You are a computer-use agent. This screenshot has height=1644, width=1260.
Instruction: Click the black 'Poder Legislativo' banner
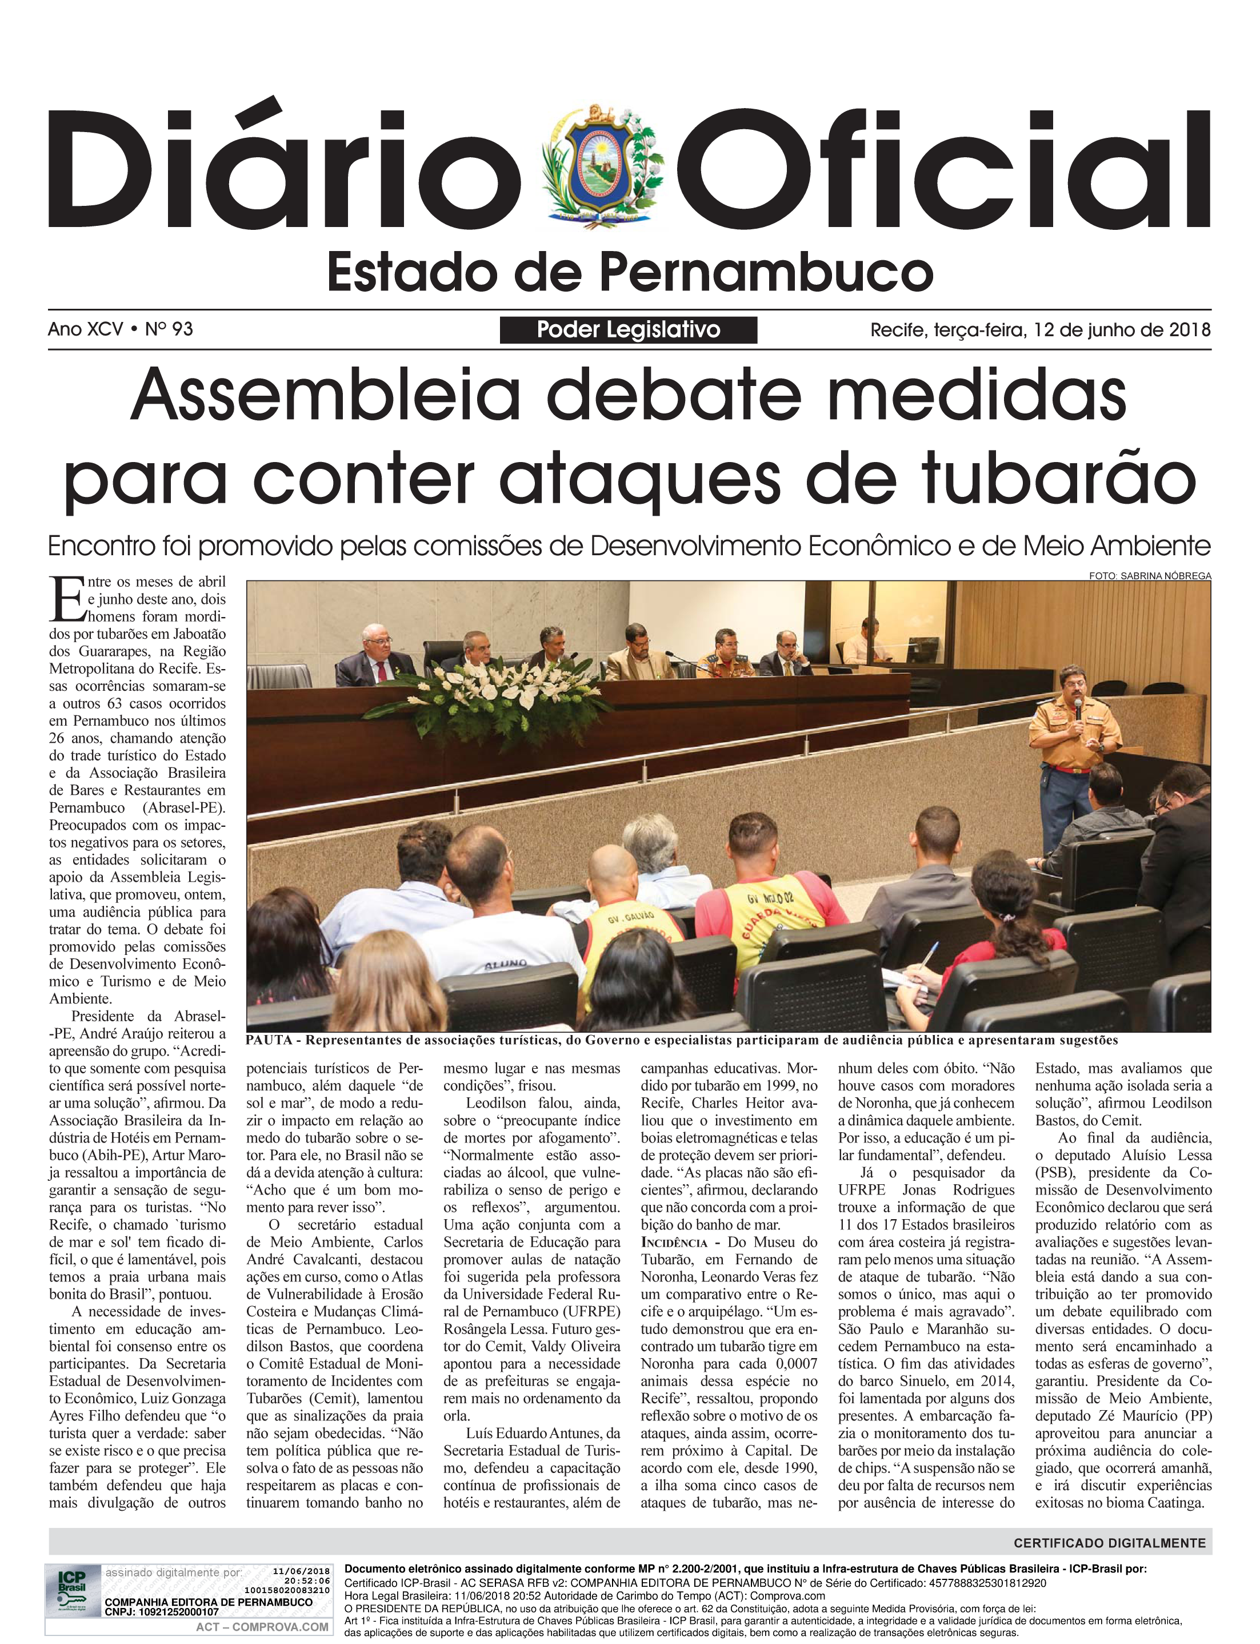click(x=629, y=329)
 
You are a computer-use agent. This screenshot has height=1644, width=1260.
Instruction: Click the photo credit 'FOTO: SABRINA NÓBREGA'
click(x=1150, y=575)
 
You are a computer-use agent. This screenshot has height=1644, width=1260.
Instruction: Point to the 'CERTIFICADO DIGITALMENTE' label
click(x=1109, y=1543)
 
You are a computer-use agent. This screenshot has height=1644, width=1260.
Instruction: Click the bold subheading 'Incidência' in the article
click(x=674, y=1242)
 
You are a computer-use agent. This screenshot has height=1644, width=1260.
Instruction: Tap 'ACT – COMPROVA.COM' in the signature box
click(x=262, y=1627)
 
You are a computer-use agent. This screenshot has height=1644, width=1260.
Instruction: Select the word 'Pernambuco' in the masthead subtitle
click(x=773, y=273)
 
